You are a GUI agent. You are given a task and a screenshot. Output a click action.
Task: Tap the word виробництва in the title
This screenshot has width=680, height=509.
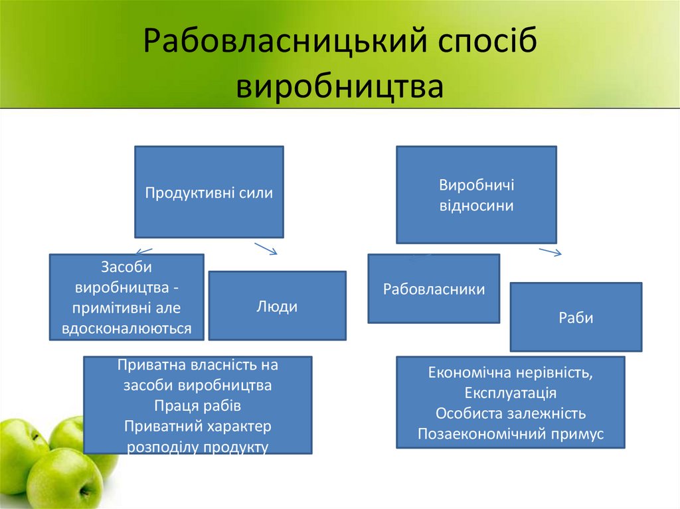point(340,87)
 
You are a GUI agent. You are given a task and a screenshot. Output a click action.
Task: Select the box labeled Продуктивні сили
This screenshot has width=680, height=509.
point(209,192)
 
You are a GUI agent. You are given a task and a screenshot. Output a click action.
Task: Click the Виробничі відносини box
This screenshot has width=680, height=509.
point(476,195)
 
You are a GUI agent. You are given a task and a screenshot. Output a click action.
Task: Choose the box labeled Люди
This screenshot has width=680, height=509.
point(277,306)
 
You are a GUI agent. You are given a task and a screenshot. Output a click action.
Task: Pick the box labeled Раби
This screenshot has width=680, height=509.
point(576,317)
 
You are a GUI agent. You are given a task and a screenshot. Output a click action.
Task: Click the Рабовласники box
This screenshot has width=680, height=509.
point(434,289)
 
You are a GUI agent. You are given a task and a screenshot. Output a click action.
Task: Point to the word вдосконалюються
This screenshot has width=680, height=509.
point(127,328)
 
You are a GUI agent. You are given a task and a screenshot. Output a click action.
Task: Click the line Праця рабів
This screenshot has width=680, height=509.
point(197,405)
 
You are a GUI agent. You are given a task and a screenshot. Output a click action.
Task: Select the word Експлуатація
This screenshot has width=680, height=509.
point(510,392)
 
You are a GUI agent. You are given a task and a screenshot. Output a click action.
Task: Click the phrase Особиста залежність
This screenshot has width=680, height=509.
point(510,413)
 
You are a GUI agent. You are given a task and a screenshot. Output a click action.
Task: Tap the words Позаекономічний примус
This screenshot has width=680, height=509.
point(510,434)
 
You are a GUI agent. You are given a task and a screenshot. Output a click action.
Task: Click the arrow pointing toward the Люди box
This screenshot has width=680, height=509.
point(266,249)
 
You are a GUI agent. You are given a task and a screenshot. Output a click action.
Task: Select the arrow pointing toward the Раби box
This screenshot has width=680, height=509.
point(551,252)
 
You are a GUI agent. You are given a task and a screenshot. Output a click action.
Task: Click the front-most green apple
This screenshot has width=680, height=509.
point(63,478)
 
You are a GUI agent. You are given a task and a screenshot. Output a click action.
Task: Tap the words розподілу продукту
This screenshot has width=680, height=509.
point(197,447)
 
